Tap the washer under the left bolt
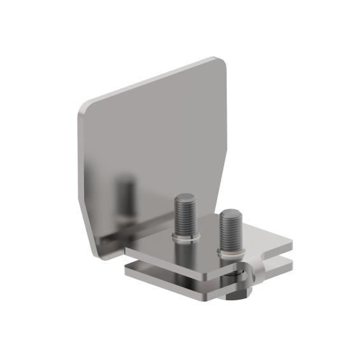click(184, 239)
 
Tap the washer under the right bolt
click(229, 253)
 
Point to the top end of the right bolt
click(229, 212)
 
